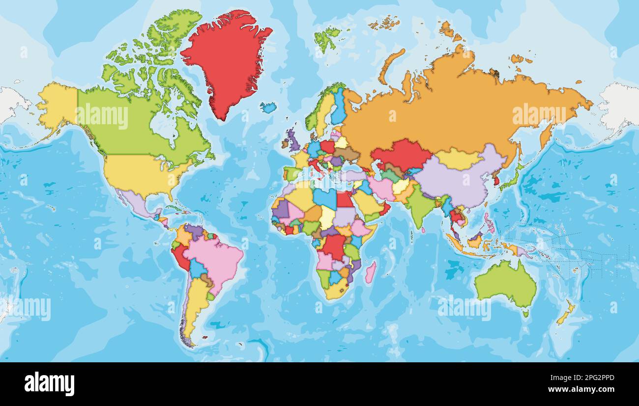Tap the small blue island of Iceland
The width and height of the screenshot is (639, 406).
(x=268, y=108)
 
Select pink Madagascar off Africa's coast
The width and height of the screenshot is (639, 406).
(x=370, y=272)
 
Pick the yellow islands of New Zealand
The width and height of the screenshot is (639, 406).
(x=565, y=314)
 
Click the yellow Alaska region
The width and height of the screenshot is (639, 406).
(x=58, y=106)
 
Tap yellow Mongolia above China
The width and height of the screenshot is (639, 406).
(x=457, y=159)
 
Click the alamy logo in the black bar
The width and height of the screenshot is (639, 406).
(x=49, y=383)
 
